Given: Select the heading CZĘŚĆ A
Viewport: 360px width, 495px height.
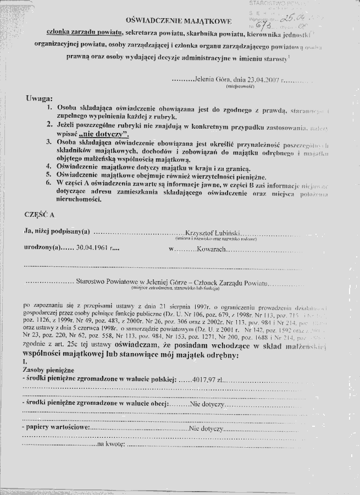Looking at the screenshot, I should (40, 212).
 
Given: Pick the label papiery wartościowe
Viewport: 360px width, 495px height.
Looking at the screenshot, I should (54, 427).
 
